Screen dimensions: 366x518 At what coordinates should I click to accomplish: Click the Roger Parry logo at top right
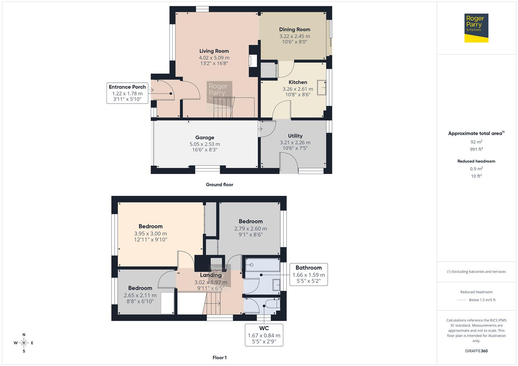pos(476,28)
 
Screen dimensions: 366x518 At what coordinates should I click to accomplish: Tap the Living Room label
pos(214,51)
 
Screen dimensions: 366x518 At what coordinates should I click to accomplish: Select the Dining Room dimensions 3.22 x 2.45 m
pos(294,36)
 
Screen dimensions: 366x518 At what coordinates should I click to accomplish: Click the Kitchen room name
pos(298,82)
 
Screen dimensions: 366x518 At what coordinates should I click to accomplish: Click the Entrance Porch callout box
pos(127,93)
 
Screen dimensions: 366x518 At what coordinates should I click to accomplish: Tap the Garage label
pos(205,138)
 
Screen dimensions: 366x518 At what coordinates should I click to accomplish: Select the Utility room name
pos(295,136)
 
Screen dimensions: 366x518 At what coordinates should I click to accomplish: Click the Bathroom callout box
pos(308,274)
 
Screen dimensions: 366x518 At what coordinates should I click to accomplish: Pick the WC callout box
pos(264,334)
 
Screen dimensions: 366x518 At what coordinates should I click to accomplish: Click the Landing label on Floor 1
pos(211,275)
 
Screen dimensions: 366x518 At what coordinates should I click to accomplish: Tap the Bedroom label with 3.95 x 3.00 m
pos(150,226)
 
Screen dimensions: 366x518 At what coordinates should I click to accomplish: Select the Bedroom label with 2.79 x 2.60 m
pos(250,221)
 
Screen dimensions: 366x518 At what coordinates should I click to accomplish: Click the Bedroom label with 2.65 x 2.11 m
pos(140,288)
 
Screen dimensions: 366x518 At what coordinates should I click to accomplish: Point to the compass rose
pos(24,343)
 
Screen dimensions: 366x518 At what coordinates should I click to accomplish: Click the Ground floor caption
pos(219,185)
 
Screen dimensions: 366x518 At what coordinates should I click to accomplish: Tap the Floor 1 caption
pos(219,358)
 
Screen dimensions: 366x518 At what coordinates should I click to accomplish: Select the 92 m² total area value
pos(476,142)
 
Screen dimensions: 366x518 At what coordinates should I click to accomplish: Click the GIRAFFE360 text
pos(476,351)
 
